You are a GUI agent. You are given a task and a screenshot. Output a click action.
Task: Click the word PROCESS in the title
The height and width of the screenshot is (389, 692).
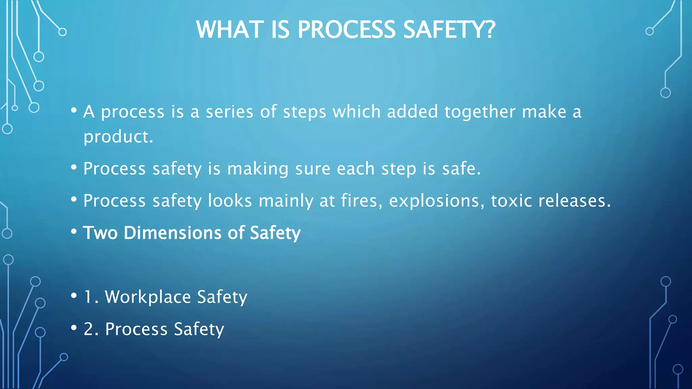coord(346,29)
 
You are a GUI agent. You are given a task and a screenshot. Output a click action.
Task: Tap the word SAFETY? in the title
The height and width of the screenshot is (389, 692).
coord(449,29)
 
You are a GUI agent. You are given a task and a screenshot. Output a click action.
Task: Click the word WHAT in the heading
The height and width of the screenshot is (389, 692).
coord(230,29)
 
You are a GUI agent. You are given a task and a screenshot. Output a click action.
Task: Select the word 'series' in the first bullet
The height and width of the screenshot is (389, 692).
coord(229,112)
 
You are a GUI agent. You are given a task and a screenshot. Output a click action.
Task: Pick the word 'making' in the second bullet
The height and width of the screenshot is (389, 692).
coord(258,169)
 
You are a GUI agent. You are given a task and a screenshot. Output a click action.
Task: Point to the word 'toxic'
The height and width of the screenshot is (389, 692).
coord(511,201)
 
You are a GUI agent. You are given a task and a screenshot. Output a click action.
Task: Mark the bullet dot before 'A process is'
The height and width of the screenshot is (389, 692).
coord(74,110)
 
